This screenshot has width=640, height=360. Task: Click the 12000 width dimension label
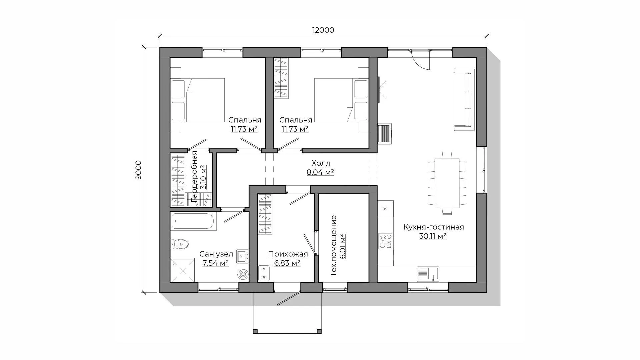click(323, 30)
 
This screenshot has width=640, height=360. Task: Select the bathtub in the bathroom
click(193, 221)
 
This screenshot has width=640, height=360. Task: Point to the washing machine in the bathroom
click(243, 274)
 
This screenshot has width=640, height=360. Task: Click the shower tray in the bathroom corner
click(182, 270)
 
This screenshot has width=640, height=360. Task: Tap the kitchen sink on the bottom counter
click(428, 274)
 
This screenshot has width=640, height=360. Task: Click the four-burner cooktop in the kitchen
click(386, 241)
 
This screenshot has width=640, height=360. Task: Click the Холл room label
click(321, 163)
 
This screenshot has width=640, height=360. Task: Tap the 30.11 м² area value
click(433, 236)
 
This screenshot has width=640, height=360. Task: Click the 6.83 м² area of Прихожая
click(287, 263)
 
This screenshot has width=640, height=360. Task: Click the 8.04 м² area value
click(320, 172)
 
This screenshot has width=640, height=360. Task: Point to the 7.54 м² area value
click(215, 263)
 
